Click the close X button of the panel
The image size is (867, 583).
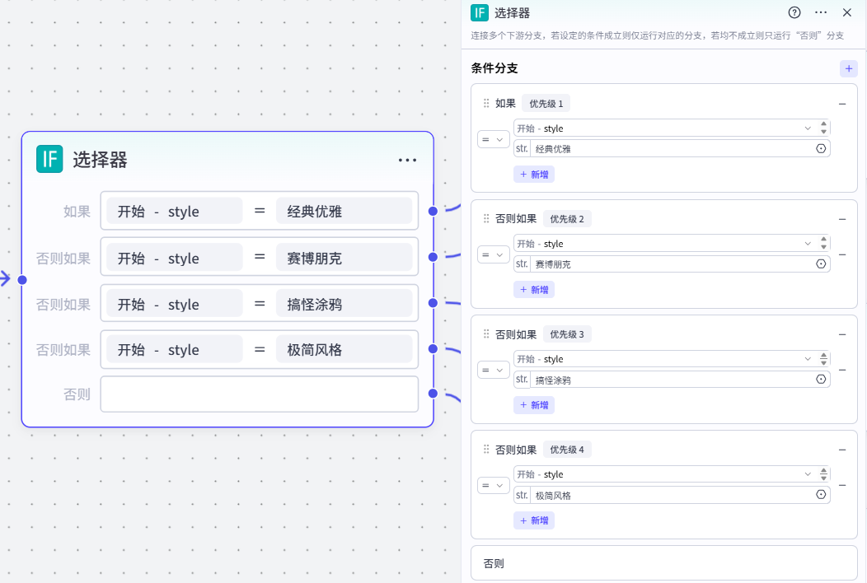pyautogui.click(x=847, y=12)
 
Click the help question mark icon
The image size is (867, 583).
pyautogui.click(x=794, y=12)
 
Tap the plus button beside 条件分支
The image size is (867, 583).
pyautogui.click(x=849, y=68)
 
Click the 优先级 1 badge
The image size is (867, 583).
pyautogui.click(x=546, y=104)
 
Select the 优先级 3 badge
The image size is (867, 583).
pyautogui.click(x=567, y=334)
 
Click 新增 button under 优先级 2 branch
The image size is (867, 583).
pyautogui.click(x=534, y=290)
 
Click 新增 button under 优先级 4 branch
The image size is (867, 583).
pyautogui.click(x=534, y=520)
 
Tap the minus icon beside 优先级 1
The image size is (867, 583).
pyautogui.click(x=842, y=104)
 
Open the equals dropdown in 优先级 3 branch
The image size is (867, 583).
pyautogui.click(x=493, y=371)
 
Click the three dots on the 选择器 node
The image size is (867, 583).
pyautogui.click(x=407, y=161)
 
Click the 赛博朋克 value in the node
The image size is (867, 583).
pyautogui.click(x=344, y=258)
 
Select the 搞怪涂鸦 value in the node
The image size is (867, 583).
pyautogui.click(x=344, y=304)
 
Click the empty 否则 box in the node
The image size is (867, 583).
pyautogui.click(x=260, y=394)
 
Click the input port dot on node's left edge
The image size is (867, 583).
pyautogui.click(x=22, y=280)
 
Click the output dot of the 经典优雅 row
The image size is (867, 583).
pyautogui.click(x=433, y=212)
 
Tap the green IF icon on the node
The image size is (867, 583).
pyautogui.click(x=49, y=159)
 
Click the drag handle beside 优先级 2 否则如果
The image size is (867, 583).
pyautogui.click(x=486, y=219)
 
